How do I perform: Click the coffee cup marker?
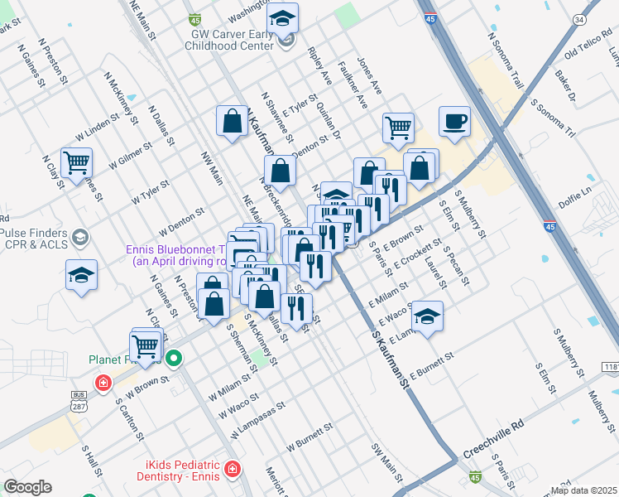click(x=454, y=122)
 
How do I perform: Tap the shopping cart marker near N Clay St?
click(x=76, y=162)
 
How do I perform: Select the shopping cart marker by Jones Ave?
click(x=398, y=128)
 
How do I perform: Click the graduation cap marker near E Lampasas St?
click(x=427, y=316)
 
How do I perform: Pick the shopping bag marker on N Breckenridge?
click(x=281, y=171)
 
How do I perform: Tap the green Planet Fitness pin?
click(x=174, y=359)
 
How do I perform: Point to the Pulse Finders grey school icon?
click(x=80, y=239)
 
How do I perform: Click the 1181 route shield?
click(x=611, y=366)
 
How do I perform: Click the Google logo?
click(x=27, y=487)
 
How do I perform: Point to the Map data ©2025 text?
click(x=584, y=490)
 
